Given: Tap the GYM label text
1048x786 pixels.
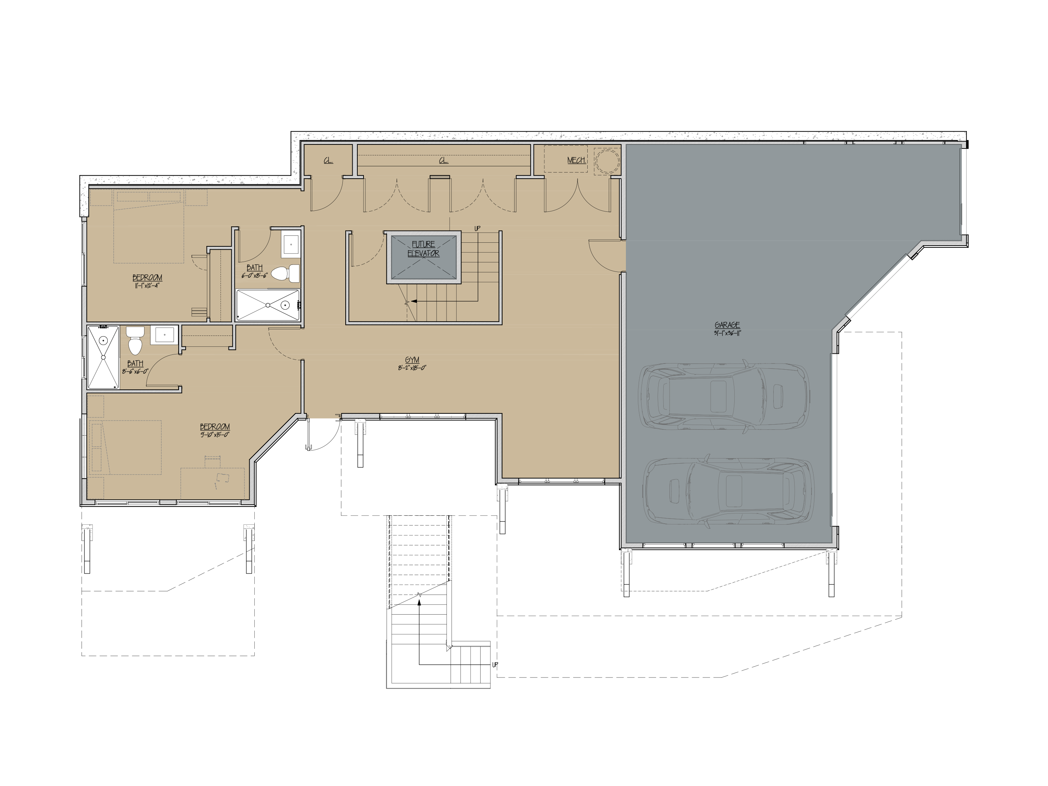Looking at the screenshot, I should tap(412, 360).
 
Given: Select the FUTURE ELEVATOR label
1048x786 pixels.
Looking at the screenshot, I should tap(424, 249).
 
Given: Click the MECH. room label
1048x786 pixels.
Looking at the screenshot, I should tap(576, 160).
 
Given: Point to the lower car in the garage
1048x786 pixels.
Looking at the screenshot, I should tap(729, 491).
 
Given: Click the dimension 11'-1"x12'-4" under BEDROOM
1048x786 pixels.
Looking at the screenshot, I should tap(147, 286).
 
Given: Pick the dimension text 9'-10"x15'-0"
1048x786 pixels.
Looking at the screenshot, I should tap(215, 434).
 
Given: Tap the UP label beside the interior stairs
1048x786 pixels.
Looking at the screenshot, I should tap(477, 229).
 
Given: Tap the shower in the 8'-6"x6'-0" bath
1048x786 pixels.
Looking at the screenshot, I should tap(103, 357).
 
